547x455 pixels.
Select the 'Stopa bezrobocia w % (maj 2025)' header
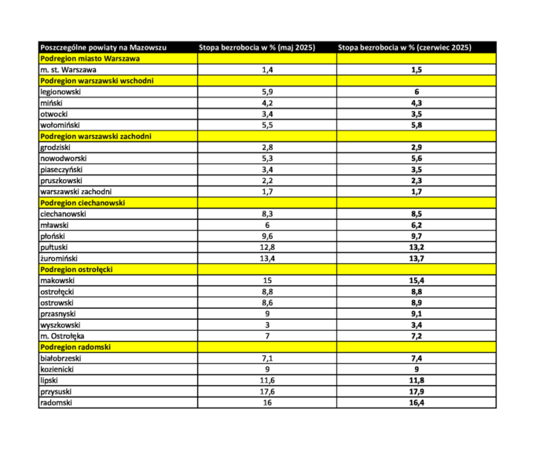[x=255, y=47]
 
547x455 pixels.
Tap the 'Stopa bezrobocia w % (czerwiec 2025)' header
[x=405, y=47]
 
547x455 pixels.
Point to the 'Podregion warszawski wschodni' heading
[x=97, y=81]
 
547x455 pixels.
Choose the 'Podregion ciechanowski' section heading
[x=83, y=202]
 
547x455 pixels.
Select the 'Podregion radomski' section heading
[x=75, y=347]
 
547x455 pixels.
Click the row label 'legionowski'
[x=61, y=92]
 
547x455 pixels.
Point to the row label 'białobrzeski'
[x=61, y=358]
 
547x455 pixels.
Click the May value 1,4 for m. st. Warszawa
[x=266, y=70]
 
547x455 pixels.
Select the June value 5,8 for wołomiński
[x=417, y=125]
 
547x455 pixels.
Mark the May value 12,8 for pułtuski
[x=266, y=247]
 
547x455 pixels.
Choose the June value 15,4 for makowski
[x=417, y=280]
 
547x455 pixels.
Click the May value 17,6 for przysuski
[x=266, y=391]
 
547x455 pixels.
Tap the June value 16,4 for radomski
[x=417, y=402]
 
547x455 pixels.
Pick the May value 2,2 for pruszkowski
[x=266, y=180]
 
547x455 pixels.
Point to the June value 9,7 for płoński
[x=417, y=236]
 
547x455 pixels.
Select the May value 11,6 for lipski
[x=266, y=380]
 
